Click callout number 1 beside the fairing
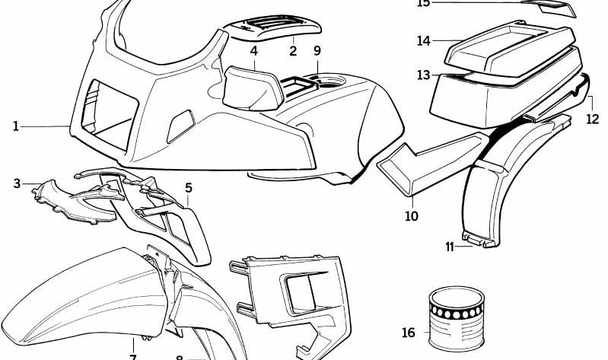(x=15, y=126)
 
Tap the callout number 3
(x=17, y=183)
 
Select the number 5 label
(x=188, y=187)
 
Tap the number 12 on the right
(x=592, y=119)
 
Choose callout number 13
(x=423, y=75)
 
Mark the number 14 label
(x=424, y=40)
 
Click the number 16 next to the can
(x=409, y=333)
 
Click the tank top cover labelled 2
(x=274, y=29)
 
